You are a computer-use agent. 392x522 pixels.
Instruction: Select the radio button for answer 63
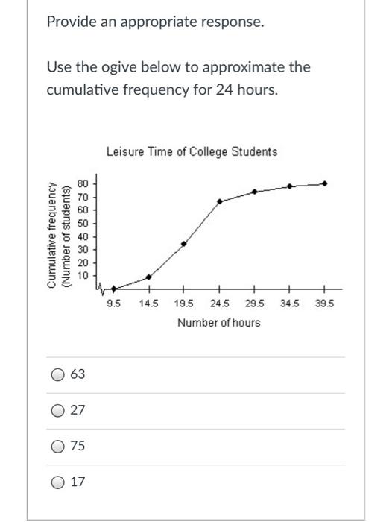point(58,375)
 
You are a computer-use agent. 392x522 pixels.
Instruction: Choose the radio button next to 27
point(58,411)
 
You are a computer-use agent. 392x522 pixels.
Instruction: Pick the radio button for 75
point(58,447)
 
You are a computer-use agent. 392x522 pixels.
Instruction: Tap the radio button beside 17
point(58,482)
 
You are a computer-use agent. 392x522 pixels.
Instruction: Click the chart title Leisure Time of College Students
point(192,151)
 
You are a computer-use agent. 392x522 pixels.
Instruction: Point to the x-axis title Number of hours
point(218,323)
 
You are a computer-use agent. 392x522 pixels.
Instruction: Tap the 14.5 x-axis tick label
point(150,304)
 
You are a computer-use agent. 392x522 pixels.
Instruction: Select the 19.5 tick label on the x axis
point(184,304)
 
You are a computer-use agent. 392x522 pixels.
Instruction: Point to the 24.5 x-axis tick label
point(220,304)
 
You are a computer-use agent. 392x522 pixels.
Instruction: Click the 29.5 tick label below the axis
point(255,304)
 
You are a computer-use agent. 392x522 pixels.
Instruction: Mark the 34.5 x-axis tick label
point(290,304)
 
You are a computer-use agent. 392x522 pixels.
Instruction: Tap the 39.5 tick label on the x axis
point(325,304)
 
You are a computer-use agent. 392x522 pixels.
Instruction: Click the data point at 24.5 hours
point(220,201)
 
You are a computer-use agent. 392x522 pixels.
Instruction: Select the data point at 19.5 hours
point(184,244)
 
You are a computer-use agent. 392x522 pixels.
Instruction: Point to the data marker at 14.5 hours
point(149,277)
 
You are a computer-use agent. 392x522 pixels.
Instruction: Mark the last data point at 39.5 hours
point(324,183)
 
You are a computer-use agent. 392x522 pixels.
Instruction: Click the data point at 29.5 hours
point(255,192)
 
